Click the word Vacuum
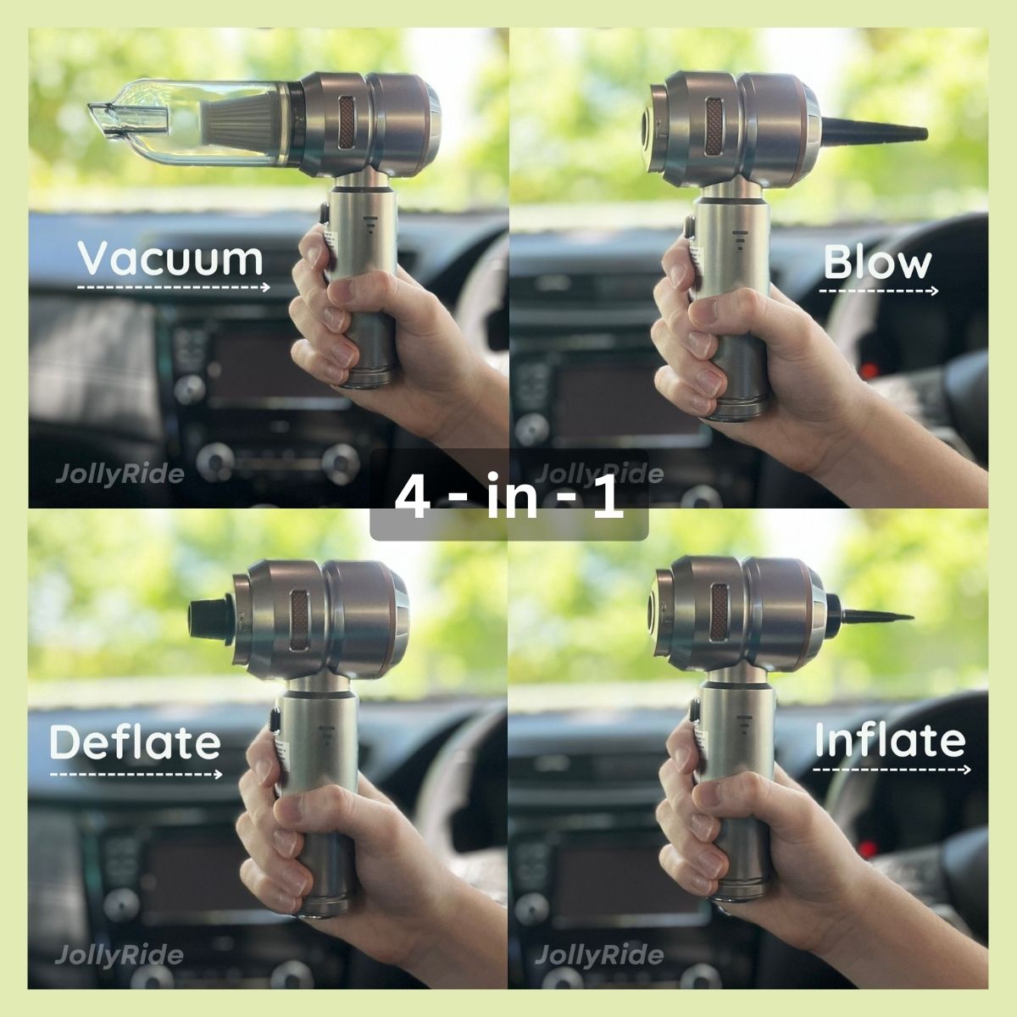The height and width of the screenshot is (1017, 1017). coord(170,258)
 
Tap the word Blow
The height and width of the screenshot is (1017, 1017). coord(877,264)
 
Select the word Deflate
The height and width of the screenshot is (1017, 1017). coord(135,742)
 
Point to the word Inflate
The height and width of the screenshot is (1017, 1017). coord(890,741)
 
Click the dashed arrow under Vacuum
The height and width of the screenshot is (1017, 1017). coord(174,287)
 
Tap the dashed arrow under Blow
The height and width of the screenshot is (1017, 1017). coord(879,291)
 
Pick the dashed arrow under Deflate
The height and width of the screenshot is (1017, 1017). coord(136,774)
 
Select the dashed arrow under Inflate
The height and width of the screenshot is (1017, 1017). coord(892,770)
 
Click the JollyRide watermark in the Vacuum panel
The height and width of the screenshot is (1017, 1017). coord(119,473)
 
